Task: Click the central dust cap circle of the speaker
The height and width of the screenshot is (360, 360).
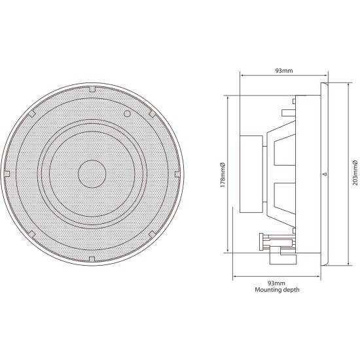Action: [92, 173]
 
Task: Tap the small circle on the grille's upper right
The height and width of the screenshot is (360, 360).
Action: [127, 114]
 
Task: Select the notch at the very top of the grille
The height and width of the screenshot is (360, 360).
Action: [92, 88]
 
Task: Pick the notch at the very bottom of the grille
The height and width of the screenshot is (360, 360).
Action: [92, 259]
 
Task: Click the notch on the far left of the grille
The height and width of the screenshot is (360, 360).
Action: [7, 174]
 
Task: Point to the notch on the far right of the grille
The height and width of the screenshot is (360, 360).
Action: [177, 174]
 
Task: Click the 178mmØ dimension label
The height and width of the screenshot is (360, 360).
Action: [223, 173]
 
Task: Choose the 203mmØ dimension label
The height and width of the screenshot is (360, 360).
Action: [353, 173]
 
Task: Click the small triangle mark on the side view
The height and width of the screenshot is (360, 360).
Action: [325, 174]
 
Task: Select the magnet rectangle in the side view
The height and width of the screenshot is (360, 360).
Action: [251, 174]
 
